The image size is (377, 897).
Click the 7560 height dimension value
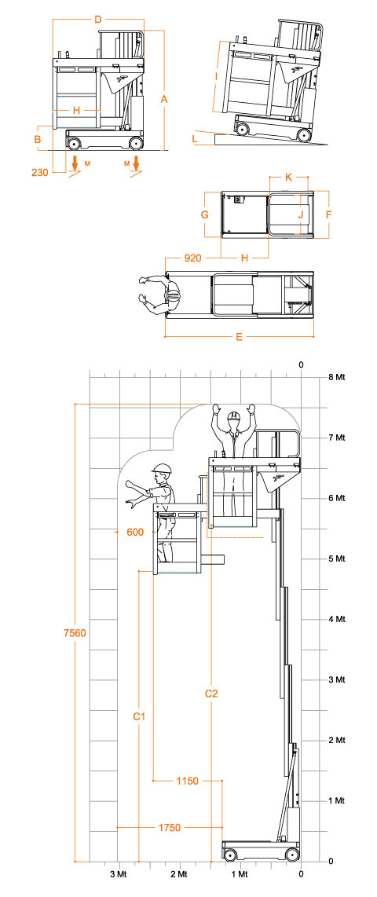point(75,633)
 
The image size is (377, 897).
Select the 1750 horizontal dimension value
point(170,828)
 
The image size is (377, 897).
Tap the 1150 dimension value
point(187,781)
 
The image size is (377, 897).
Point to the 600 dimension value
point(135,532)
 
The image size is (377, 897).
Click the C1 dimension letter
point(139,716)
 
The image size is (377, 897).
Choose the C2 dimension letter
point(211,694)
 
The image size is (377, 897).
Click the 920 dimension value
point(192,258)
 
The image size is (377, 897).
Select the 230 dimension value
point(39,171)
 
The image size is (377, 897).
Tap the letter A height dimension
point(164,99)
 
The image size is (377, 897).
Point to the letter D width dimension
point(98,20)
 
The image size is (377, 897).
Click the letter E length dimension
point(239,337)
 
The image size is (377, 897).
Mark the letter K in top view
point(288,178)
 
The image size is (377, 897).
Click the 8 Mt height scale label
point(335,377)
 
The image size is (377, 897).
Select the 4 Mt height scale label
point(335,619)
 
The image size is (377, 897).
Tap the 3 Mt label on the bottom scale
point(119,874)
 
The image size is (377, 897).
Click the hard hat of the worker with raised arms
point(232,416)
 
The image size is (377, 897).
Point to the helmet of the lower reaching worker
point(162,468)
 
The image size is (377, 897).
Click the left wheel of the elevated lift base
point(230,855)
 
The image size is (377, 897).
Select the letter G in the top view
point(204,215)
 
